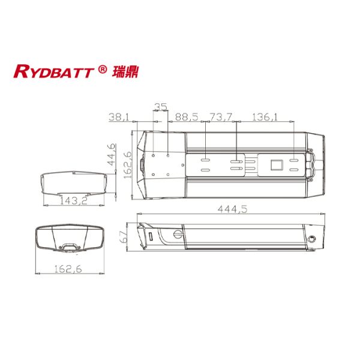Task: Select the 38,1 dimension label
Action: click(x=118, y=118)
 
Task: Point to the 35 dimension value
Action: click(x=160, y=107)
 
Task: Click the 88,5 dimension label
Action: click(x=186, y=118)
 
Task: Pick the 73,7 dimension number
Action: click(x=221, y=118)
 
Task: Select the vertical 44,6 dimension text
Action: click(x=111, y=155)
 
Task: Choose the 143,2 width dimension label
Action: click(x=73, y=202)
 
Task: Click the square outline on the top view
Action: click(x=277, y=164)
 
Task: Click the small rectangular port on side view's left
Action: click(x=150, y=238)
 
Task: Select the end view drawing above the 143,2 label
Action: click(x=77, y=182)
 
